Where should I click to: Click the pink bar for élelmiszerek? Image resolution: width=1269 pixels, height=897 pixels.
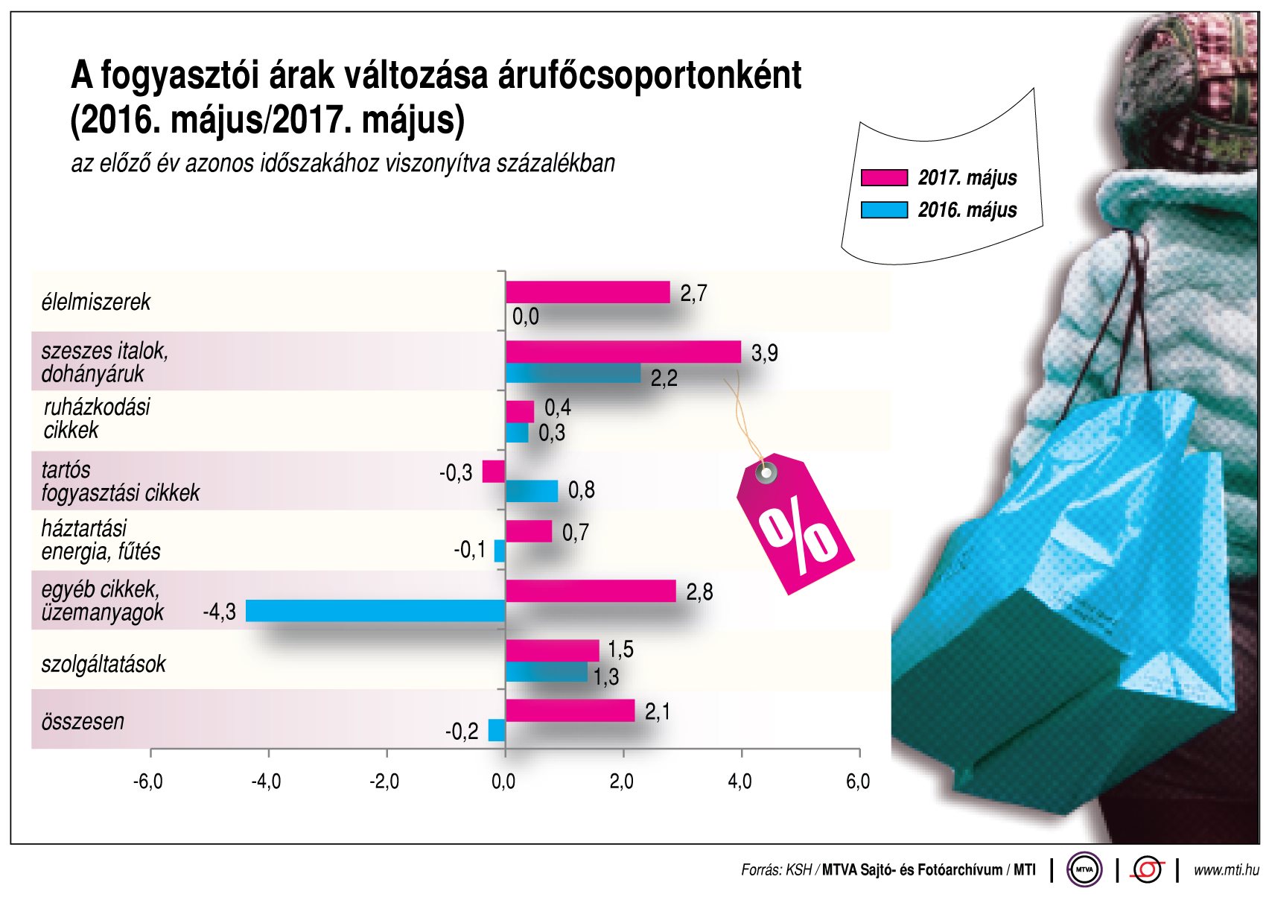tap(588, 293)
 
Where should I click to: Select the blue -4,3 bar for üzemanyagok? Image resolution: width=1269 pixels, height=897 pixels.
tap(375, 611)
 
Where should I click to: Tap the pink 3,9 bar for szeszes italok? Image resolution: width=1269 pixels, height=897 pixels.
tap(623, 352)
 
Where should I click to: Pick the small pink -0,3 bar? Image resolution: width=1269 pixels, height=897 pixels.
tap(493, 472)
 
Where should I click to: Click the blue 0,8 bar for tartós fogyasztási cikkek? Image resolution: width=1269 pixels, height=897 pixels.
tap(532, 491)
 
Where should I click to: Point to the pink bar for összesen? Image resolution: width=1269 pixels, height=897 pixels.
tap(570, 711)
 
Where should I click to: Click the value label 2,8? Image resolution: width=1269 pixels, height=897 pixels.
tap(699, 592)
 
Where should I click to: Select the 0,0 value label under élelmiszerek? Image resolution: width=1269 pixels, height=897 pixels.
tap(526, 317)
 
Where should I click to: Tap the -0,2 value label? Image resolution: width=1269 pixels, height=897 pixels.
tap(462, 732)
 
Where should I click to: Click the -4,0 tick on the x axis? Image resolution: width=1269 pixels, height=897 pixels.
tap(266, 782)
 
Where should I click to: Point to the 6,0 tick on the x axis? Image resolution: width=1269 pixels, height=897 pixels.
tap(858, 782)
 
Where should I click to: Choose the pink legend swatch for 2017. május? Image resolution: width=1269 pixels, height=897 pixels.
tap(884, 178)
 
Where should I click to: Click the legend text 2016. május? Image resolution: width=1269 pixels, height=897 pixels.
tap(967, 210)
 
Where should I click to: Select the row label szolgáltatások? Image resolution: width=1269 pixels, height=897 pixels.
tap(104, 665)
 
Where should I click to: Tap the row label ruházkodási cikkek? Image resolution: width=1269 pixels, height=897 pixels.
tap(96, 419)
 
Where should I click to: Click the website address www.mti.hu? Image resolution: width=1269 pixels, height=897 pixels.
tap(1226, 869)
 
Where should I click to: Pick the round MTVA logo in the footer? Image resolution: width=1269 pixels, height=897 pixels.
tap(1084, 869)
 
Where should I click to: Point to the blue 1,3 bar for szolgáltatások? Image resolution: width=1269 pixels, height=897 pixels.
tap(546, 673)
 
